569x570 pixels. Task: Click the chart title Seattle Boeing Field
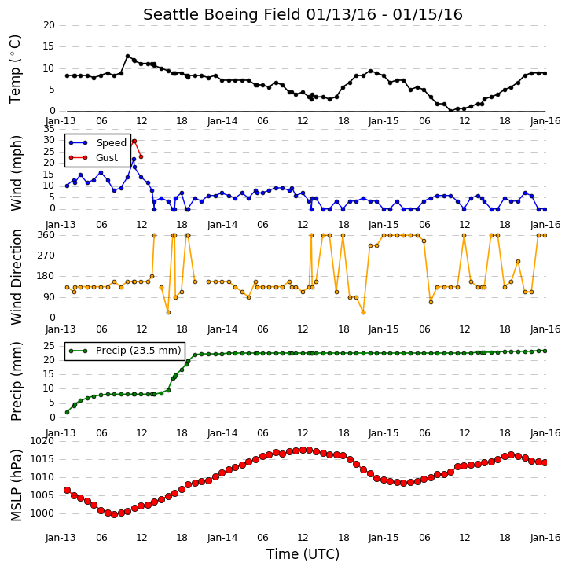tap(222, 15)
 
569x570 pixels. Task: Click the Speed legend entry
tap(97, 143)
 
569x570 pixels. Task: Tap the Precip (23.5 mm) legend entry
tap(125, 351)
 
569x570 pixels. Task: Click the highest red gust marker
tap(134, 141)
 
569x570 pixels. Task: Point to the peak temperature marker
tap(127, 57)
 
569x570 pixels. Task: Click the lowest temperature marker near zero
tap(451, 111)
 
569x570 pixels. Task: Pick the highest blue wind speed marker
tap(134, 160)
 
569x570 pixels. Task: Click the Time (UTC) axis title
tap(303, 555)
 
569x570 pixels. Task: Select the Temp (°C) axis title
tap(15, 69)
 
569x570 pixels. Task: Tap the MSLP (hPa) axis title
tap(17, 486)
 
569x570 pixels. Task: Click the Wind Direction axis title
tap(17, 277)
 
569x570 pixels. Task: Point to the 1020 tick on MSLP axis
tap(42, 441)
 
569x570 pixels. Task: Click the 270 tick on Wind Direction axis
tap(46, 256)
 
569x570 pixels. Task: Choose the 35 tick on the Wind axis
tap(49, 129)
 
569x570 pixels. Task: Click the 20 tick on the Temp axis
tap(49, 25)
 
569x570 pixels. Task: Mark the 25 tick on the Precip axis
tap(49, 346)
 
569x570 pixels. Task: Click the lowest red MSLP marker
tap(114, 514)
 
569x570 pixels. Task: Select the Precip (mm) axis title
tap(17, 381)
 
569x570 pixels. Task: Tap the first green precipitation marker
tap(68, 412)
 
